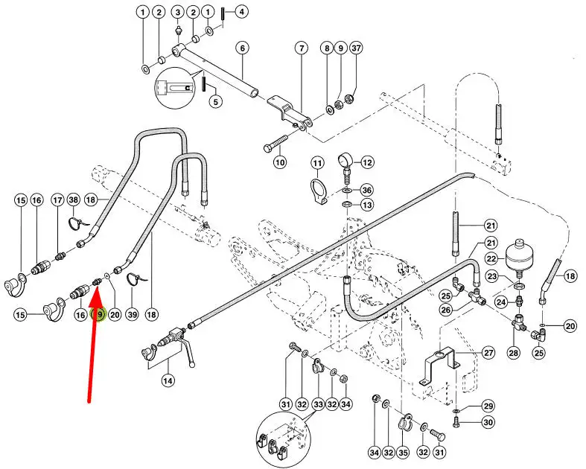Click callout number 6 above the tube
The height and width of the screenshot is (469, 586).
point(242,48)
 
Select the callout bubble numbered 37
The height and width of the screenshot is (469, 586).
point(356,48)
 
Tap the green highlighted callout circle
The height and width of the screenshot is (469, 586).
point(100,315)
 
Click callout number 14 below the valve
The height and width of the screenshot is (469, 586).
point(168,381)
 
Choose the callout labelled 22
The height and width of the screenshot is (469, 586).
point(491,258)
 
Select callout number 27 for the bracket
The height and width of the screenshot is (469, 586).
point(489,353)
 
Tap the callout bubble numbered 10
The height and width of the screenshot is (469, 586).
point(280,162)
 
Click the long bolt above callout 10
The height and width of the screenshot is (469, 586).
point(276,143)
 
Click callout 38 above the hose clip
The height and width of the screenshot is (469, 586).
point(74,200)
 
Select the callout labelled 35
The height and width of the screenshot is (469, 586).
point(403,453)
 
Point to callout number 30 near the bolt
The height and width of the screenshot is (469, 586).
point(488,423)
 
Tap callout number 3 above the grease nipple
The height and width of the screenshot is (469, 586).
point(178,13)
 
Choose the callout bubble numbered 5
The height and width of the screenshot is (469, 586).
point(216,101)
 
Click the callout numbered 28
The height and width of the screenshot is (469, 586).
point(514,352)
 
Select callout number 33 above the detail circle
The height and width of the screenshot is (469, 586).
point(318,404)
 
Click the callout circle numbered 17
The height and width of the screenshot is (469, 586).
point(57,200)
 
